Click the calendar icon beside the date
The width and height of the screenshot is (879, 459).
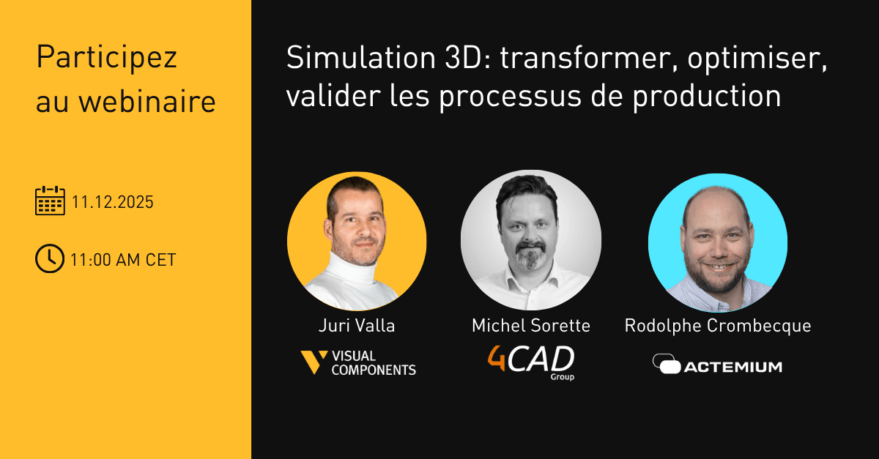50,201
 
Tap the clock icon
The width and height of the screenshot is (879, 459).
50,258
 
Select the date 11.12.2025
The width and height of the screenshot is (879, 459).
113,202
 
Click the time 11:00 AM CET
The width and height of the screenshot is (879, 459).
123,260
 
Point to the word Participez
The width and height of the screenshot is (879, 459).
107,57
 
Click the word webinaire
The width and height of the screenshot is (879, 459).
147,102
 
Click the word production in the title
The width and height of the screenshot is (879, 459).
707,97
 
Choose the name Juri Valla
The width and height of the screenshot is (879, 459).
357,325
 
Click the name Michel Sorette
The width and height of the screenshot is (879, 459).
531,325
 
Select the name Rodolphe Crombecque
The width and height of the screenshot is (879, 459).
718,326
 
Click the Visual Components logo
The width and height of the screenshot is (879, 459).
358,362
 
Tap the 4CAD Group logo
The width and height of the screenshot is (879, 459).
531,363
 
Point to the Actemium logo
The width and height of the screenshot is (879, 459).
717,364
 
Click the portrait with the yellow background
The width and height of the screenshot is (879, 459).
357,241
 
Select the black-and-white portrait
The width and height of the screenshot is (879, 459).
531,240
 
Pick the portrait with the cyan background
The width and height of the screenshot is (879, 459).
718,243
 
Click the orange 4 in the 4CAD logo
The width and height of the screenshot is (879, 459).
497,358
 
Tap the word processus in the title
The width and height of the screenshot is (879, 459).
510,97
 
